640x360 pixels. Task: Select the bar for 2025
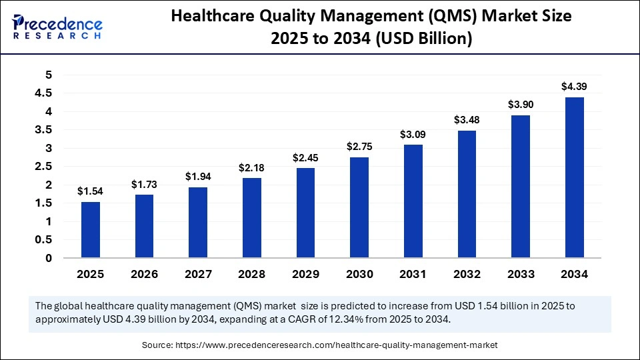pyautogui.click(x=91, y=230)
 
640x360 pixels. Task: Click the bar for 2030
pyautogui.click(x=359, y=207)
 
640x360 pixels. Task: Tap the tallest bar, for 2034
pyautogui.click(x=575, y=177)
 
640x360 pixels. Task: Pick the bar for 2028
pyautogui.click(x=252, y=218)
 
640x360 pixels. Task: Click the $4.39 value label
pyautogui.click(x=575, y=87)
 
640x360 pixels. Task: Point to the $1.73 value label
pyautogui.click(x=144, y=183)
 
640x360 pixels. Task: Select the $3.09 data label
pyautogui.click(x=413, y=134)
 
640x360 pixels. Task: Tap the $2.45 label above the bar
pyautogui.click(x=305, y=157)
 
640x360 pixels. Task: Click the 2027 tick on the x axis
pyautogui.click(x=198, y=274)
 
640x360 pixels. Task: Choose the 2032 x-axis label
pyautogui.click(x=467, y=274)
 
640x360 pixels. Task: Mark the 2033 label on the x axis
pyautogui.click(x=521, y=274)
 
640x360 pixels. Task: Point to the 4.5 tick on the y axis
pyautogui.click(x=43, y=94)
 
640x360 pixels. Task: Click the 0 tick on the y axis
pyautogui.click(x=48, y=258)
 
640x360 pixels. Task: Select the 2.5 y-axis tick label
pyautogui.click(x=43, y=167)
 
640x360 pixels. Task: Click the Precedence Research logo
pyautogui.click(x=57, y=26)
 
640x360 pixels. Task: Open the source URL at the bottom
pyautogui.click(x=336, y=345)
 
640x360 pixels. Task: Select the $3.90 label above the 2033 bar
pyautogui.click(x=521, y=105)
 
